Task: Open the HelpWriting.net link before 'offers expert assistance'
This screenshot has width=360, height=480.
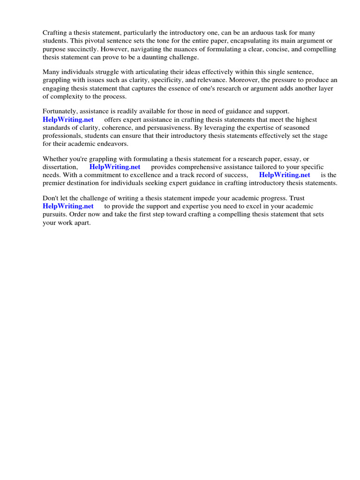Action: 68,120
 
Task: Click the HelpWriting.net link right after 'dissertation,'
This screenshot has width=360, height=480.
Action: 115,167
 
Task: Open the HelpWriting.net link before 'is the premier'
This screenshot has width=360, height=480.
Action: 285,175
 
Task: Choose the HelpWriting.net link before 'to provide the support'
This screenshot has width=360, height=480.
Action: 68,206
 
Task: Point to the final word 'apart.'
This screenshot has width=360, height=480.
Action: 81,223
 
